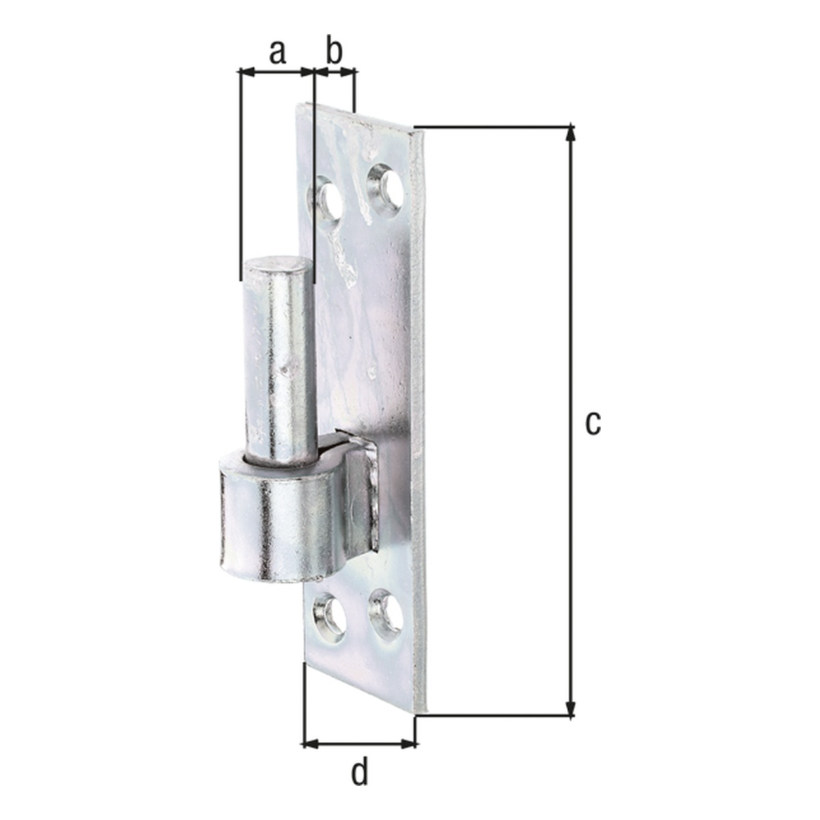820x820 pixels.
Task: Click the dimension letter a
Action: pos(277,53)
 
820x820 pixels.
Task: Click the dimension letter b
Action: pos(334,49)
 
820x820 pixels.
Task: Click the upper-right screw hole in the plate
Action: pos(385,187)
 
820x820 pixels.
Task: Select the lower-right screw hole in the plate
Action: pos(386,614)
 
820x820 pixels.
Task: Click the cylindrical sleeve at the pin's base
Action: pos(278,517)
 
